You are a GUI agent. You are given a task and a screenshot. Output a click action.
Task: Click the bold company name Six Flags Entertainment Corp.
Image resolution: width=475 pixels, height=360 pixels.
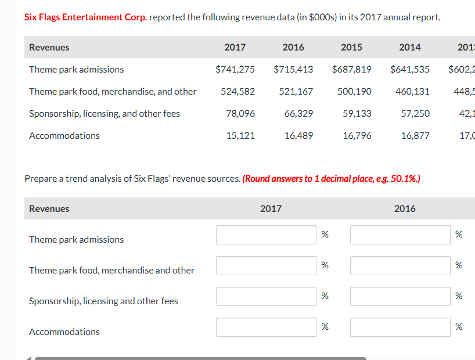click(85, 17)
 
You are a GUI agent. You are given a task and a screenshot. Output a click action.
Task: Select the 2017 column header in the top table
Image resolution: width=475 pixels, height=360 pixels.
click(235, 47)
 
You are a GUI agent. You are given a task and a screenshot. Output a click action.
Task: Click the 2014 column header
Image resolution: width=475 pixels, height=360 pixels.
click(410, 47)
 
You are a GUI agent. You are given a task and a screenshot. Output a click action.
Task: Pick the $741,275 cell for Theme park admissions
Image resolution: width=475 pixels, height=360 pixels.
click(235, 69)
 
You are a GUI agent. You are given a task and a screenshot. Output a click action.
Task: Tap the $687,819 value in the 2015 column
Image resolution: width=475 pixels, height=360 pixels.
click(351, 69)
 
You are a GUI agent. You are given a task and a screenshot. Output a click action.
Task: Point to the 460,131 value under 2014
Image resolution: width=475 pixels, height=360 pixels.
click(412, 91)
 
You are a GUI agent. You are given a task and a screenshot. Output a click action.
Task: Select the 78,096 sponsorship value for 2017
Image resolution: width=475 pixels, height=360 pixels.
click(240, 113)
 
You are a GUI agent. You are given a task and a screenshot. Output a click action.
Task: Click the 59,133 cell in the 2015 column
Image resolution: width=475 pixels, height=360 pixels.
click(357, 113)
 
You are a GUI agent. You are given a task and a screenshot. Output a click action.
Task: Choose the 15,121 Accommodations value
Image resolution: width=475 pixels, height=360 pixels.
click(240, 135)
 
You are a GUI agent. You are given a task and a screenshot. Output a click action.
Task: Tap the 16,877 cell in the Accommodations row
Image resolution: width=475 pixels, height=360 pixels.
click(415, 135)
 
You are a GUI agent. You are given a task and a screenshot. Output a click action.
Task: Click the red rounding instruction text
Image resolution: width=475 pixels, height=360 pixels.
click(331, 178)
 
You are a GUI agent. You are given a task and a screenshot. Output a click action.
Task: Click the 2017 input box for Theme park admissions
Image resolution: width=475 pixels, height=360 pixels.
click(267, 235)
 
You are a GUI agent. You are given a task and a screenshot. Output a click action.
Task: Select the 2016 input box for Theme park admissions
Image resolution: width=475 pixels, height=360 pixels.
click(400, 235)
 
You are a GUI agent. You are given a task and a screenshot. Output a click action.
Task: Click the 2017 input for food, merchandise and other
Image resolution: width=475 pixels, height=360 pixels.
click(267, 265)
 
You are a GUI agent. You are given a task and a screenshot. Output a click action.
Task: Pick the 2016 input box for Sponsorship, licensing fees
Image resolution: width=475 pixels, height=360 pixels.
click(400, 296)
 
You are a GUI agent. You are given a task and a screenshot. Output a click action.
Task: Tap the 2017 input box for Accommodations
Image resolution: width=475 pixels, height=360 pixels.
click(267, 327)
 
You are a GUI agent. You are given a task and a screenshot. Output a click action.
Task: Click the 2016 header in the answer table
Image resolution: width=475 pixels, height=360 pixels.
click(405, 208)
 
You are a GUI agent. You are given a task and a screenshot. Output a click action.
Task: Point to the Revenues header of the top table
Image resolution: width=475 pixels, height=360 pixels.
click(49, 47)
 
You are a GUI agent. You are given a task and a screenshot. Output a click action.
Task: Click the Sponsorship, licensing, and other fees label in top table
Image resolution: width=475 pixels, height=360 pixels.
click(105, 113)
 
